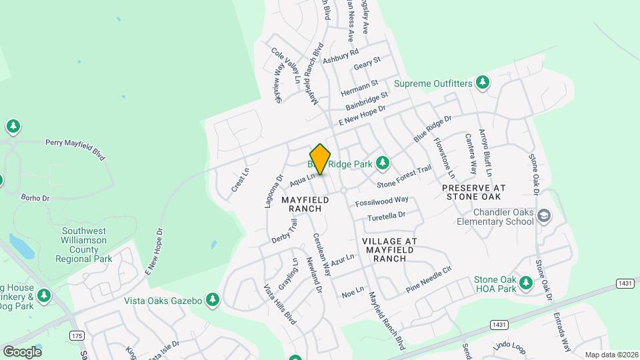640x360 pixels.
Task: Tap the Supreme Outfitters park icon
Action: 483,83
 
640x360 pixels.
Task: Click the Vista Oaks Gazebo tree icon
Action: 213,300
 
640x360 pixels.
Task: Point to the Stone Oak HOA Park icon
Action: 526,283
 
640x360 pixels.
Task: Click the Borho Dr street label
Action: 35,198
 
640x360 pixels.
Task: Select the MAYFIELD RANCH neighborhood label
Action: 305,204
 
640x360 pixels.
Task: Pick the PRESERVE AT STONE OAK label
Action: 474,192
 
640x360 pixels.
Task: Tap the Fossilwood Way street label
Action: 382,201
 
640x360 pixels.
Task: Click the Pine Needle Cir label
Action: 429,281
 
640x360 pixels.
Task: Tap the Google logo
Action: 23,351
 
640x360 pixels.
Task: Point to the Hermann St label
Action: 359,88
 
